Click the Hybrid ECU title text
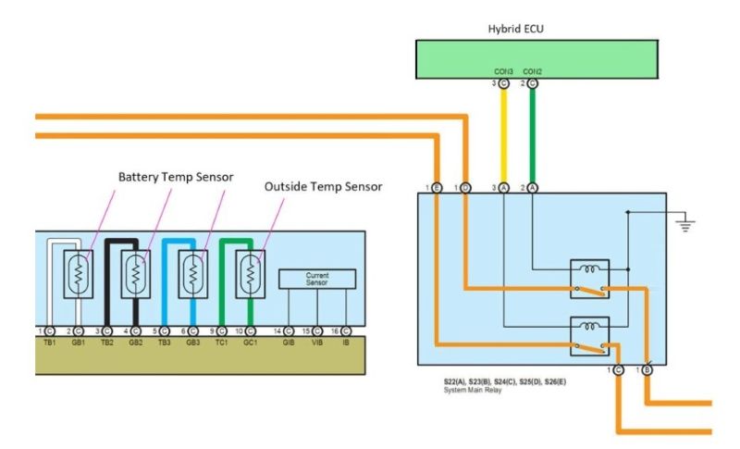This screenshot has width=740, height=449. click(517, 29)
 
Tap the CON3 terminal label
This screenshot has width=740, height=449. click(503, 70)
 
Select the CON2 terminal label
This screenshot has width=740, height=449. click(532, 70)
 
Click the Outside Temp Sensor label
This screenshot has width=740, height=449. click(323, 186)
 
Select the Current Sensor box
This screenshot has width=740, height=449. click(317, 278)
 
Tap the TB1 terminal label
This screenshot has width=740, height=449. click(49, 343)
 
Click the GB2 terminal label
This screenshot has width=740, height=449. click(136, 343)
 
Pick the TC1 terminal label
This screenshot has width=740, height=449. click(222, 343)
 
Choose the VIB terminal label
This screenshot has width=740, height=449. click(317, 343)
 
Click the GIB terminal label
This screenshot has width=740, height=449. click(289, 343)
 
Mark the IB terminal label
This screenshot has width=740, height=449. click(346, 343)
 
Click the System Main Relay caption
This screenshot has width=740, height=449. click(472, 391)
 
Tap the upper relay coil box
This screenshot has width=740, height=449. click(588, 270)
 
